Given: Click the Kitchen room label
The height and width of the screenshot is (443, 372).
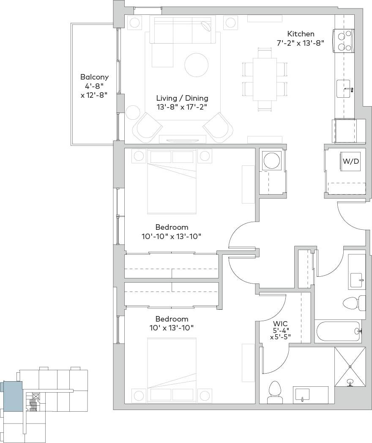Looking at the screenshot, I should click(301, 34).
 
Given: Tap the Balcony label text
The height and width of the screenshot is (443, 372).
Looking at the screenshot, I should click(94, 77).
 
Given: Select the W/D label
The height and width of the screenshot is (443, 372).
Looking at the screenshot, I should click(351, 161).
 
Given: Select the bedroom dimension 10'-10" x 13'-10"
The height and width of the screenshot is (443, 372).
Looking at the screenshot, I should click(171, 236).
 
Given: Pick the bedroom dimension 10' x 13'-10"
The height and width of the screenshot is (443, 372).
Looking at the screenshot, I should click(171, 328).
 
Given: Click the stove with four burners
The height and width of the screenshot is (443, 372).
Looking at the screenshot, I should click(343, 41).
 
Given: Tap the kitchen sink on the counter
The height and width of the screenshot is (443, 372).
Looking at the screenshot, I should click(343, 88).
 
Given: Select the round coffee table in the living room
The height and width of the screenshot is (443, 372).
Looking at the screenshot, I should click(197, 65).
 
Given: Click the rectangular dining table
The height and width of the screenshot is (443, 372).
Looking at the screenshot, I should click(265, 79).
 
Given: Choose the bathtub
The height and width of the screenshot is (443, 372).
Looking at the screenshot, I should click(338, 331).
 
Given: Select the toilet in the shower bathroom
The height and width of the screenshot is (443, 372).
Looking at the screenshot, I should click(275, 392).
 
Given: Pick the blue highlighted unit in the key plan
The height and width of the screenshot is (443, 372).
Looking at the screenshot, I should click(12, 396).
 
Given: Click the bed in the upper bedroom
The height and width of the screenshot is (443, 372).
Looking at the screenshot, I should click(172, 182).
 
